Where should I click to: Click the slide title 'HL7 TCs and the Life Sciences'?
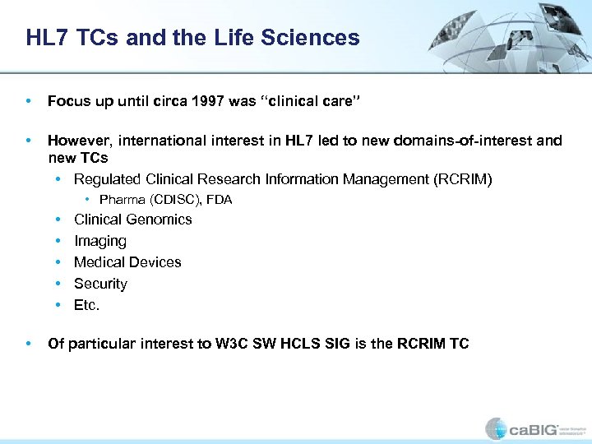pyautogui.click(x=192, y=38)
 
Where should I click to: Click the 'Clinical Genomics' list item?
pyautogui.click(x=132, y=220)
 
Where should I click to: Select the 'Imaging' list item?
pyautogui.click(x=99, y=241)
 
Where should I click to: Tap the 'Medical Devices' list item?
pyautogui.click(x=127, y=262)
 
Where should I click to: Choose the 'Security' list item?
pyautogui.click(x=100, y=284)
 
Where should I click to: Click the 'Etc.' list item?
pyautogui.click(x=86, y=305)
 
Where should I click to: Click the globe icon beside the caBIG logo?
pyautogui.click(x=497, y=428)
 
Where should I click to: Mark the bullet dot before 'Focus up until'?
pyautogui.click(x=29, y=102)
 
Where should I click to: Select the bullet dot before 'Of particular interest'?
pyautogui.click(x=29, y=344)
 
